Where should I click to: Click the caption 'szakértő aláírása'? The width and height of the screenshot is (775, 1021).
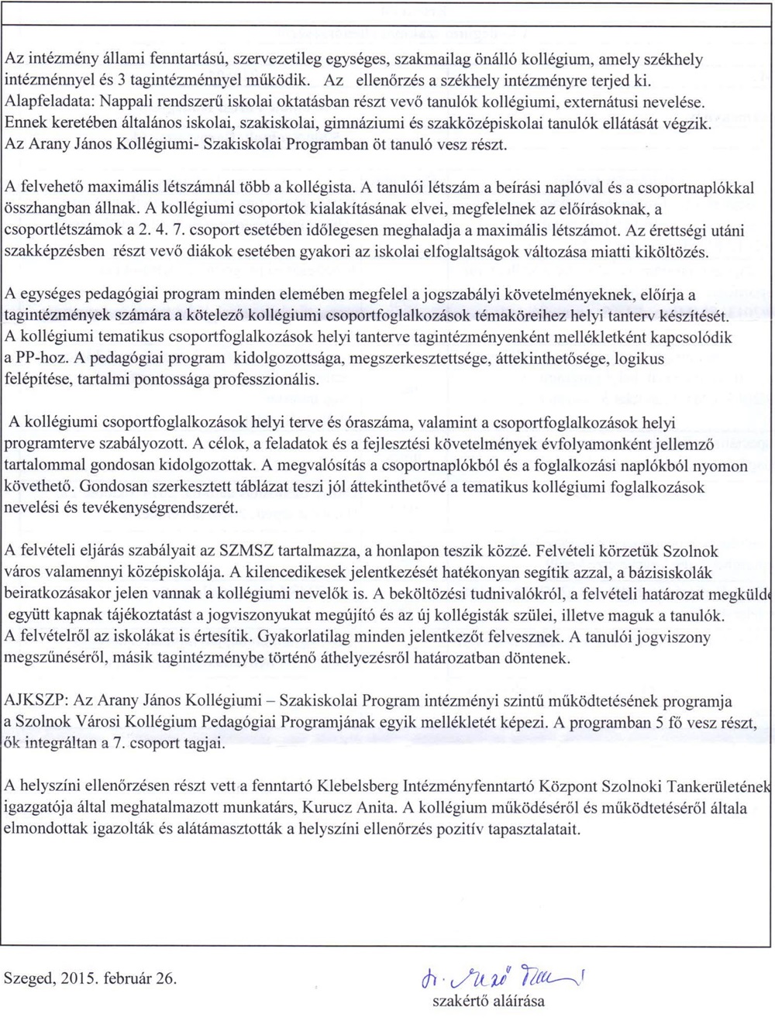click(x=488, y=1000)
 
